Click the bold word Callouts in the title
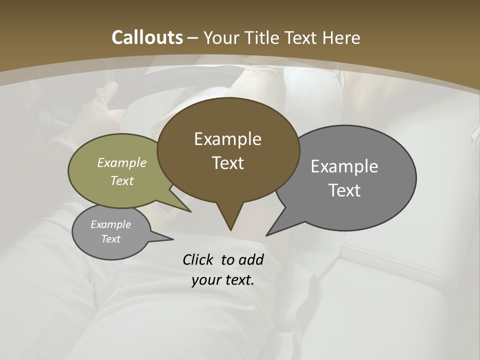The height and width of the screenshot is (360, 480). pos(147,37)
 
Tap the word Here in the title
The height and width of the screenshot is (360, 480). pos(342,37)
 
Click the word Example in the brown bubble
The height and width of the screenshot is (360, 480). pos(227,139)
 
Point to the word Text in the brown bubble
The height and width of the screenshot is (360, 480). pos(227,163)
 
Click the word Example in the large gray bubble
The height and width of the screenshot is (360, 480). pos(344,166)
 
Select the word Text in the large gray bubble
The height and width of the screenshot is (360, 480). pos(344,190)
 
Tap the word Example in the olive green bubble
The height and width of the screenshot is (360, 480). pos(122,163)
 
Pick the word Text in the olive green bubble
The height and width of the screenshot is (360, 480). pos(122,180)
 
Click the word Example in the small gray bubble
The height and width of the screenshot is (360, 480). pos(110,224)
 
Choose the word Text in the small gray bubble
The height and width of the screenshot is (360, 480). pos(110,239)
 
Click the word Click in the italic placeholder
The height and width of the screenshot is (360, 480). pos(199,259)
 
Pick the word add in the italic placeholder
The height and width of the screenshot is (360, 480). pos(252,259)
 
